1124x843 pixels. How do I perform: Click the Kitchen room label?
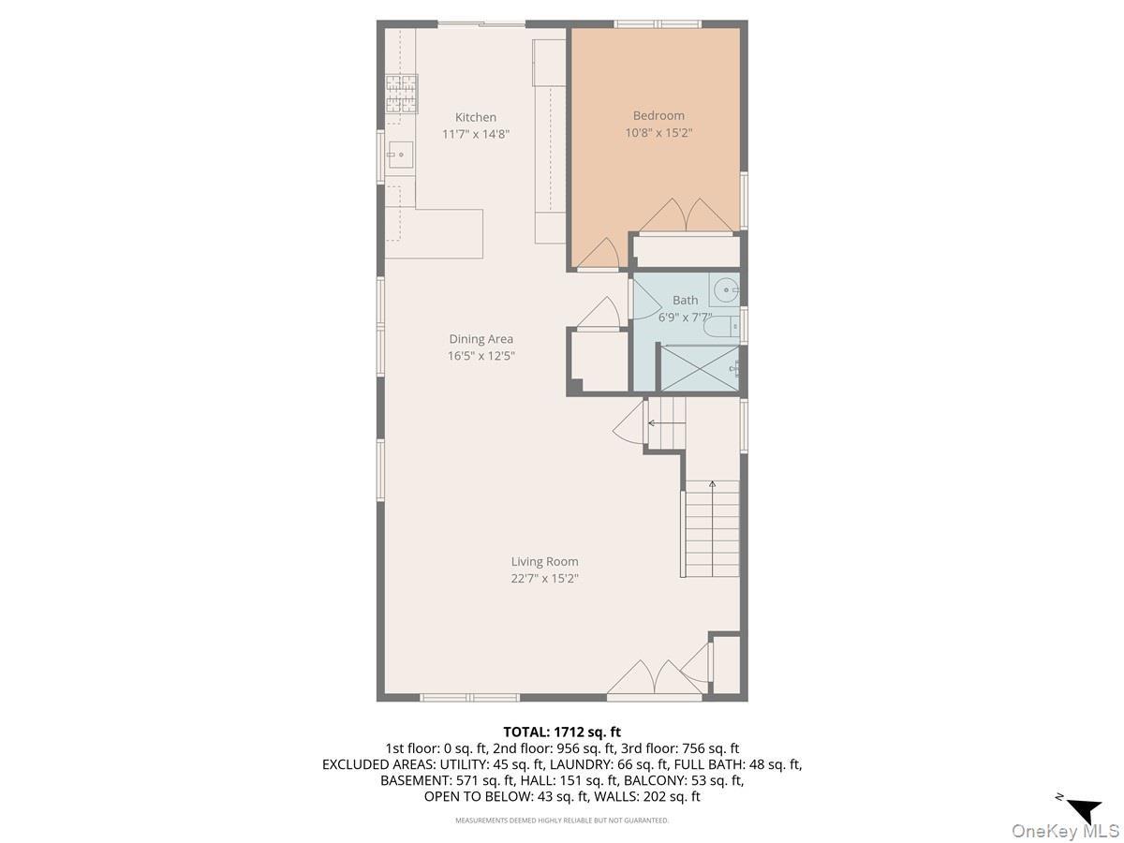pyautogui.click(x=475, y=117)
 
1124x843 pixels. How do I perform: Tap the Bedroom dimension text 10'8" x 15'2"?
pyautogui.click(x=658, y=133)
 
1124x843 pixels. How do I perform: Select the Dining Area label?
pyautogui.click(x=481, y=339)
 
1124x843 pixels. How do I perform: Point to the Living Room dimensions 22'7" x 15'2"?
pyautogui.click(x=544, y=578)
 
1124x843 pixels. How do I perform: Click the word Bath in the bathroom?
pyautogui.click(x=685, y=301)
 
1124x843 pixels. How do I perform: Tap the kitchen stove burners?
pyautogui.click(x=401, y=94)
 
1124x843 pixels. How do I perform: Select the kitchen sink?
pyautogui.click(x=399, y=155)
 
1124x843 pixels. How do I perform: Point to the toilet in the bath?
pyautogui.click(x=721, y=326)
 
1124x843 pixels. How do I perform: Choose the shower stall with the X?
pyautogui.click(x=700, y=368)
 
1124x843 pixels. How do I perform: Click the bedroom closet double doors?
pyautogui.click(x=686, y=216)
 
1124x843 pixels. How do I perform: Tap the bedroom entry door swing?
pyautogui.click(x=599, y=254)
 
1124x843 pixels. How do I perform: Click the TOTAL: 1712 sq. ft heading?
pyautogui.click(x=562, y=732)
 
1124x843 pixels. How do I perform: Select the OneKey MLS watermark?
pyautogui.click(x=1065, y=830)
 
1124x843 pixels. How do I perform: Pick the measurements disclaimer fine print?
pyautogui.click(x=562, y=821)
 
